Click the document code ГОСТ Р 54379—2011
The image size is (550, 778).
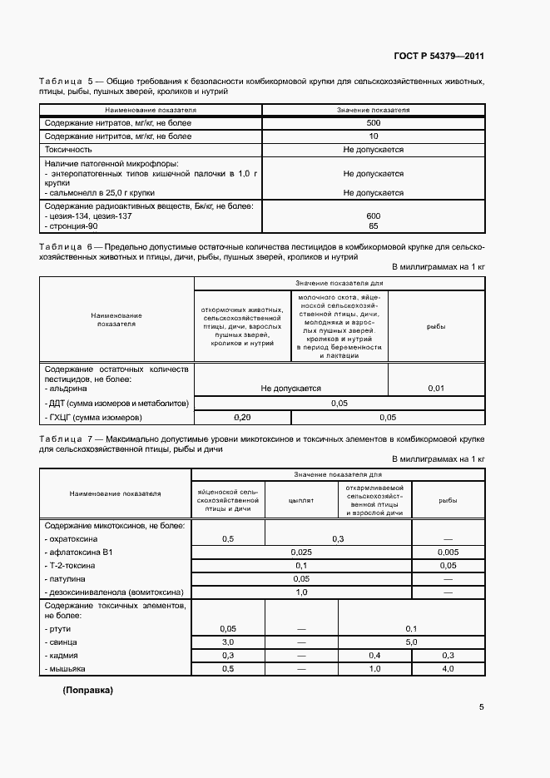[439, 57]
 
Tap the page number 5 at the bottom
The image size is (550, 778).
[482, 708]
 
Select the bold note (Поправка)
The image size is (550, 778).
[87, 691]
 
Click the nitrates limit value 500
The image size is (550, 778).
[373, 123]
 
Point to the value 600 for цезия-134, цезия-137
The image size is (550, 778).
[373, 216]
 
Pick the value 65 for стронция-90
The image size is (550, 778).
[373, 225]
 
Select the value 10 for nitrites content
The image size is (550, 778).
[373, 136]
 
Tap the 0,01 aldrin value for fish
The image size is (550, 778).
[436, 388]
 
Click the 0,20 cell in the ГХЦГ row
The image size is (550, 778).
[242, 417]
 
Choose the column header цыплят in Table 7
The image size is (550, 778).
[300, 501]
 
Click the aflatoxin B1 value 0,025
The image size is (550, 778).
[301, 552]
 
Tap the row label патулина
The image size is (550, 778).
[67, 578]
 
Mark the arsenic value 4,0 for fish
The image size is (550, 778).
[448, 668]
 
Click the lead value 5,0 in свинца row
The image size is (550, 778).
[411, 642]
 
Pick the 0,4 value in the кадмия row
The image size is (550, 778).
[374, 656]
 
